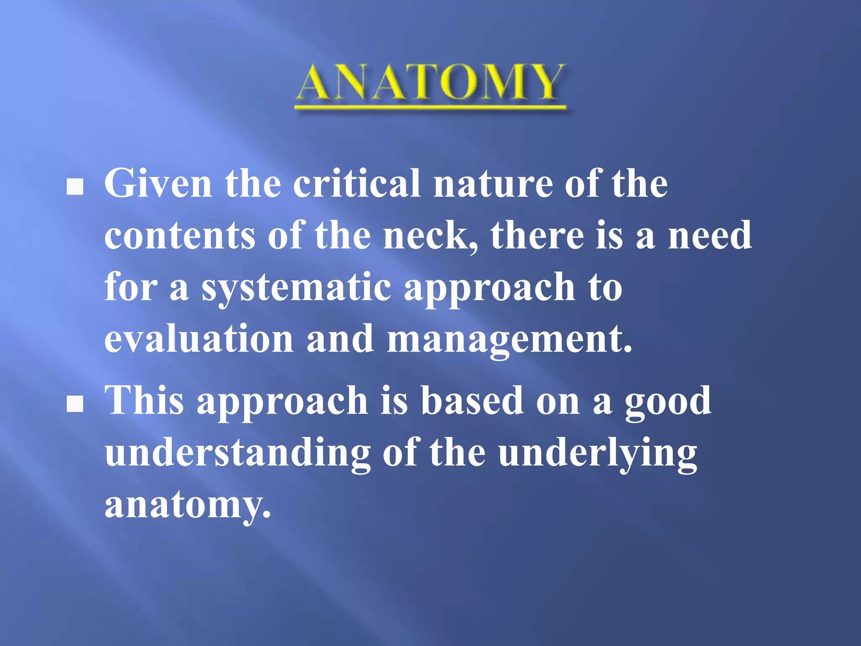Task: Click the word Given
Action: click(158, 184)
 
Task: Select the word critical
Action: click(357, 184)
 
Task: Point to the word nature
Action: click(493, 184)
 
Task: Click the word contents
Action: click(180, 236)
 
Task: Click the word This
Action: click(144, 400)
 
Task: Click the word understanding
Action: click(238, 454)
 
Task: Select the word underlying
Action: click(597, 454)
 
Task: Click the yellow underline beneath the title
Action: click(430, 108)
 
